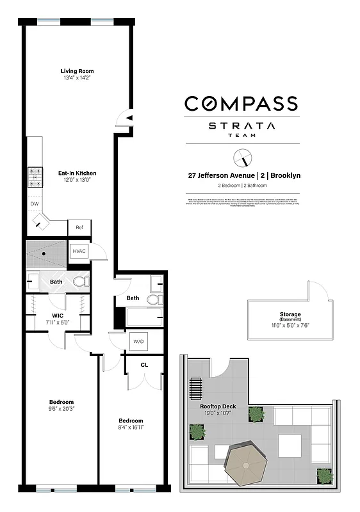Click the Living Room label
[x=77, y=71]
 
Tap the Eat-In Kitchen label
[x=78, y=173]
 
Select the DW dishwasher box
[x=34, y=204]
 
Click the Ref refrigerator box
[x=79, y=227]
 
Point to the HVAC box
[x=79, y=251]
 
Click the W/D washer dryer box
[x=138, y=342]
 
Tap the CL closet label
[x=145, y=365]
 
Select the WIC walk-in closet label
[x=58, y=315]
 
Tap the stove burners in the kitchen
[x=35, y=177]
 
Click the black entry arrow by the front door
[x=129, y=118]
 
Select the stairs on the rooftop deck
[x=195, y=388]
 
